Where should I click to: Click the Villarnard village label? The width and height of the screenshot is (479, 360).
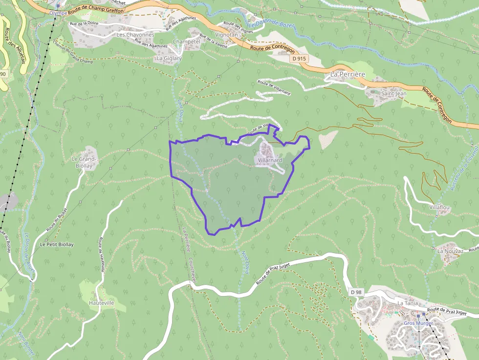click(268, 160)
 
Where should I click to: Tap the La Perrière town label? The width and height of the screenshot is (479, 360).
click(348, 74)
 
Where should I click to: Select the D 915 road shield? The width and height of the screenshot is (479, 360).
click(300, 59)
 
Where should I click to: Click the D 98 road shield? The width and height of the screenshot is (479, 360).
click(356, 292)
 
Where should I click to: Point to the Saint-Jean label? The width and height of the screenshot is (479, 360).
click(394, 93)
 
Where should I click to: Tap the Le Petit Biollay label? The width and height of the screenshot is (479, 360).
click(57, 244)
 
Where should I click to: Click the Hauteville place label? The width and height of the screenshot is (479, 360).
click(102, 303)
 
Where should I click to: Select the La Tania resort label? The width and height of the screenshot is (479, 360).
click(408, 303)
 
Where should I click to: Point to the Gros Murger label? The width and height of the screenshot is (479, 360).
click(418, 323)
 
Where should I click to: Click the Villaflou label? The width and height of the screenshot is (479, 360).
click(439, 207)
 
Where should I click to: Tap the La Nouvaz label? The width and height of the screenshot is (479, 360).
click(450, 251)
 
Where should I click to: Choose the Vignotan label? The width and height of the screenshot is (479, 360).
click(226, 35)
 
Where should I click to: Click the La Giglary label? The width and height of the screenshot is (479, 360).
click(169, 58)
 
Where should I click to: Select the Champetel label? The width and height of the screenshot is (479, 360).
click(187, 42)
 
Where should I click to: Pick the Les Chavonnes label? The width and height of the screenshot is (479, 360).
click(135, 35)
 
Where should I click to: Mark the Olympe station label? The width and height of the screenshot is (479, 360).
click(58, 13)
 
